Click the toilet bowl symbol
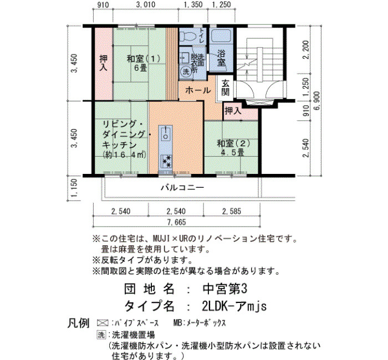[187, 36]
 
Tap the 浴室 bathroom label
[222, 58]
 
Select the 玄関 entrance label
[225, 88]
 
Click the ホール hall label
[198, 90]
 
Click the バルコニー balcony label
[182, 188]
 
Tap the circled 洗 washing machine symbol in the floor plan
[186, 71]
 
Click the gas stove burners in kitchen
[166, 161]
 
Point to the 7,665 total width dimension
[176, 222]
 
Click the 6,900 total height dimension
[317, 101]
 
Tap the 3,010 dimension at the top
[146, 4]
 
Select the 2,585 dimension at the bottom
[232, 212]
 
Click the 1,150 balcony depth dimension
[74, 188]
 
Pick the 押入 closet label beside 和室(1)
[104, 63]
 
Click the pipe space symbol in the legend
[103, 323]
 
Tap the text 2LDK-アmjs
[234, 307]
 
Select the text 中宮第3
[224, 289]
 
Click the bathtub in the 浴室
[221, 38]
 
